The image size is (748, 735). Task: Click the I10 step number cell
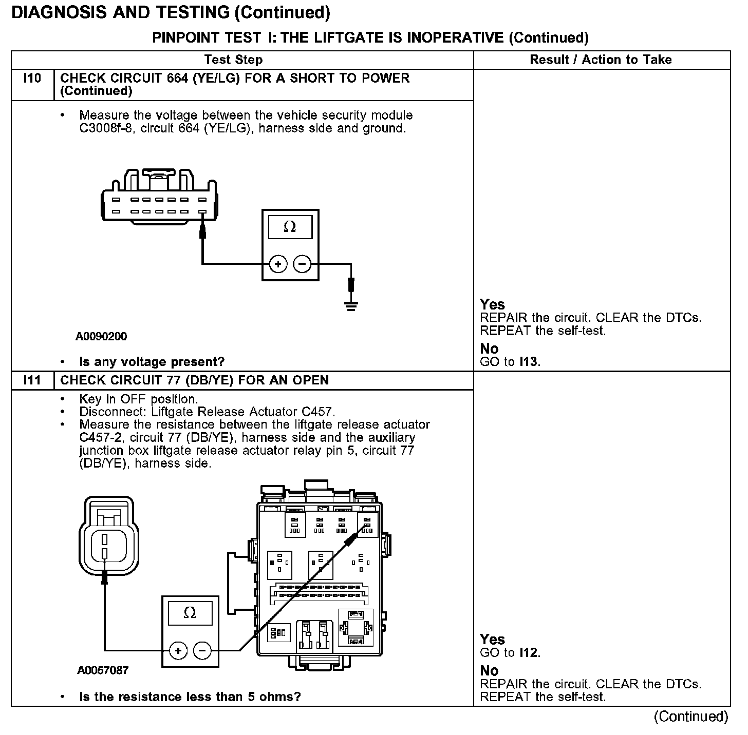coord(32,79)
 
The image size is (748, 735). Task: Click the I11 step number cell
coord(32,380)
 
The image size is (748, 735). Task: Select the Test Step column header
coord(233,60)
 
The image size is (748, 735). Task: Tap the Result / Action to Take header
coord(601,60)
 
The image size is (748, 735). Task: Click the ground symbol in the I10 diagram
coord(351,306)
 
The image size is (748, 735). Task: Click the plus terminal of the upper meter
coord(278,264)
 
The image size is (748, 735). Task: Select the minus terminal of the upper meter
coord(302,264)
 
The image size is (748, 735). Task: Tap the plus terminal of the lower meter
coord(178,651)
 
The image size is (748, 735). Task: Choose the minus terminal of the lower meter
coord(202,651)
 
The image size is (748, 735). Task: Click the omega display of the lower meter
coord(190,613)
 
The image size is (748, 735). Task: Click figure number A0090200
coord(101,337)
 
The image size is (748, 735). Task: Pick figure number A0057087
coord(103,670)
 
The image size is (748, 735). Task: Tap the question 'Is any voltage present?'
coord(152,362)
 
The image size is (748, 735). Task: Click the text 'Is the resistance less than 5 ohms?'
coord(190,697)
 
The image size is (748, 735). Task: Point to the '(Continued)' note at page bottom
coord(691,717)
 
